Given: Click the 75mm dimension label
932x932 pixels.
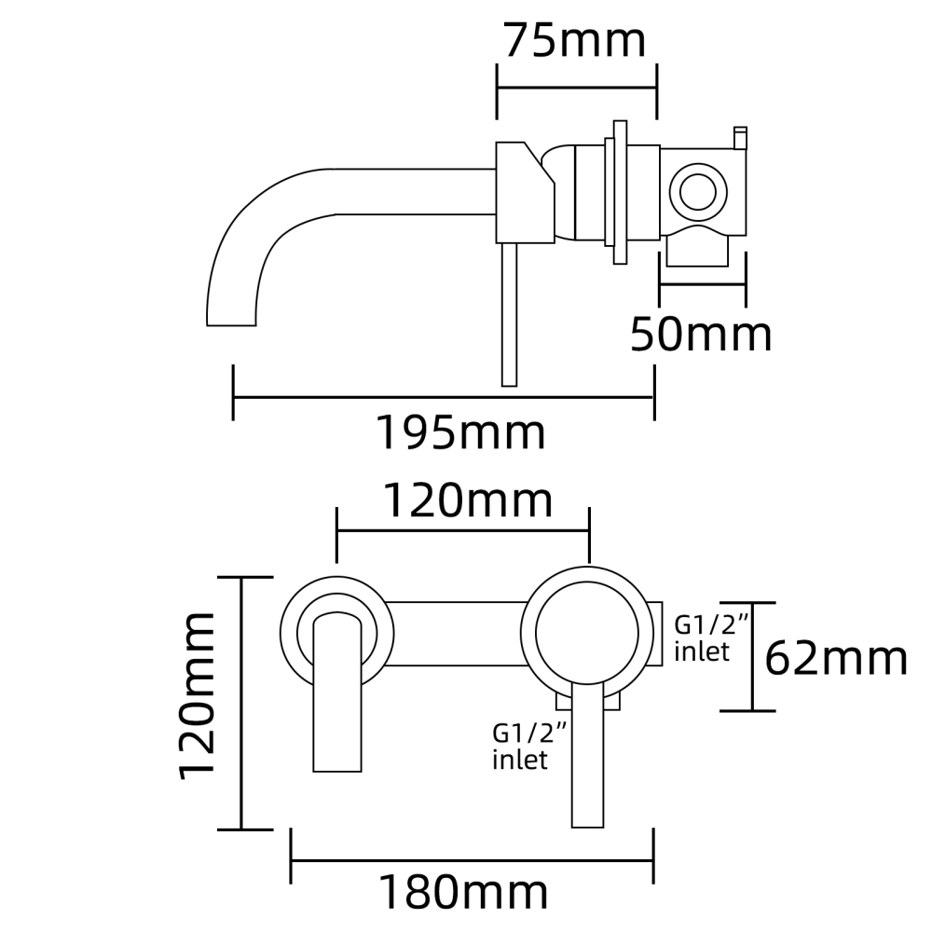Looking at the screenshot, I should [574, 41].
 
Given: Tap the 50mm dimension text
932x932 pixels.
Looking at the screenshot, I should [701, 335].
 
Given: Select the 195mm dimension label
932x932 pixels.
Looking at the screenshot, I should [459, 432].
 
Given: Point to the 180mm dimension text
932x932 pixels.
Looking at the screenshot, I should [462, 893].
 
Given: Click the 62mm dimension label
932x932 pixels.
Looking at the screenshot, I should [836, 659].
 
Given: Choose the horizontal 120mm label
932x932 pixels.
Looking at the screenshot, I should [469, 501].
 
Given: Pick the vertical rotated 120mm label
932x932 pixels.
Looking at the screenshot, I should [198, 694].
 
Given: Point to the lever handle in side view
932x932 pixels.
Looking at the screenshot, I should [509, 317].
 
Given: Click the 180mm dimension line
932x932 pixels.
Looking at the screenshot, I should [472, 858].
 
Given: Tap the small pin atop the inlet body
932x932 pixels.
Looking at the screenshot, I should [741, 137].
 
